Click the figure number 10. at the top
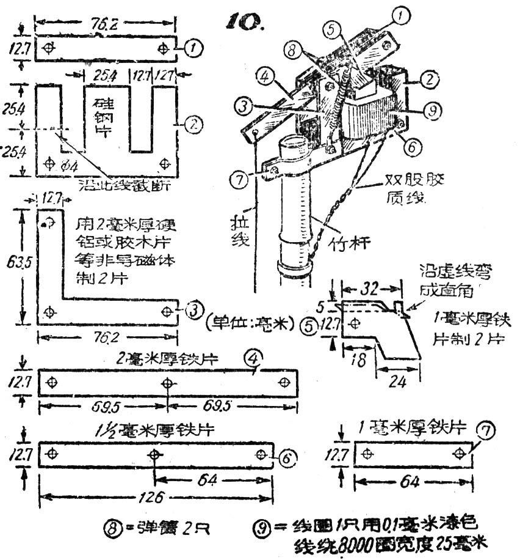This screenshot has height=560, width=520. click(x=244, y=21)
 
